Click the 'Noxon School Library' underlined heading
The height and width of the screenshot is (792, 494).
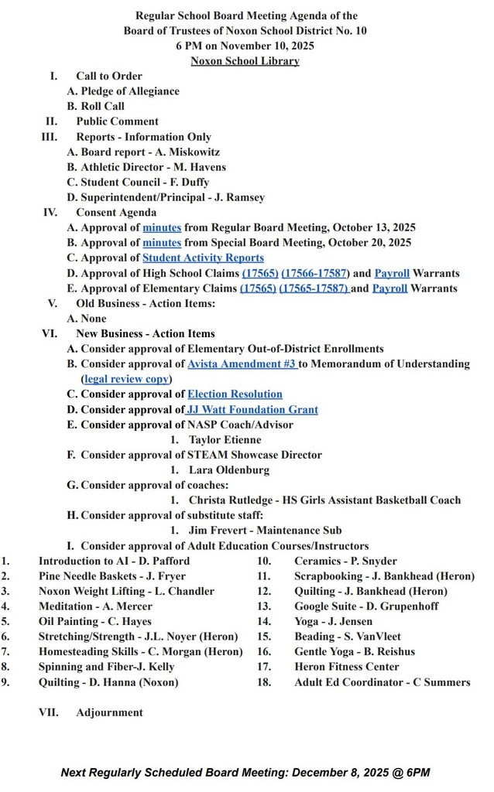tap(245, 61)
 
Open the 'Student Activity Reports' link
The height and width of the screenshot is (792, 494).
tap(203, 258)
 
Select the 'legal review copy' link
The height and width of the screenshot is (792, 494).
tap(126, 379)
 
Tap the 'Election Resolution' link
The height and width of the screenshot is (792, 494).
tap(235, 394)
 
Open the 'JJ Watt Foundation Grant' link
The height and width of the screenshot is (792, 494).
tap(252, 409)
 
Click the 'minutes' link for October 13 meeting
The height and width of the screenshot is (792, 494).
tap(162, 227)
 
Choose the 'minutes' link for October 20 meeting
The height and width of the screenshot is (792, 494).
tap(162, 242)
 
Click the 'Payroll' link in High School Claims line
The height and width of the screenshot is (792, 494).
tap(391, 273)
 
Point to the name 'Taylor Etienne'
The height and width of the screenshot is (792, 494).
tap(225, 439)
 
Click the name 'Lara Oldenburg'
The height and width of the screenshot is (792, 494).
tap(229, 469)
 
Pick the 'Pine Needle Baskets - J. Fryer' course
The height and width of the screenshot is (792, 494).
tap(112, 575)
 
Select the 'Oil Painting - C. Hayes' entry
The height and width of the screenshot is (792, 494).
tap(95, 621)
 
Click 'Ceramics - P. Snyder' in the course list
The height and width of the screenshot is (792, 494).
tap(345, 561)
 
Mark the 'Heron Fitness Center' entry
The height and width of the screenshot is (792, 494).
tap(347, 667)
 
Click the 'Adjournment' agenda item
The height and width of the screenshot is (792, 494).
tap(109, 712)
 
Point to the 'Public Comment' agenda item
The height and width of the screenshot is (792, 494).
tap(117, 121)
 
